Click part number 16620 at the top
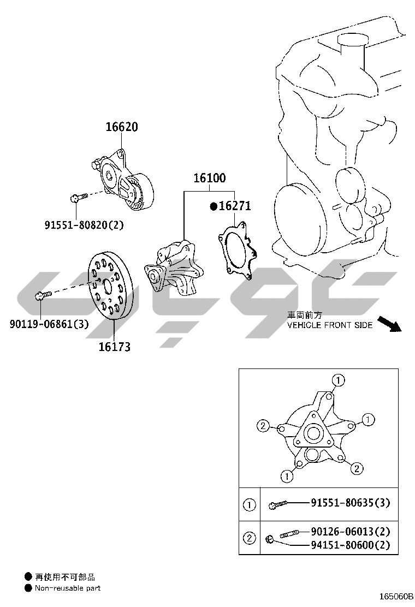tap(121, 127)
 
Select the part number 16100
tap(210, 178)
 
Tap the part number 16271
tap(235, 206)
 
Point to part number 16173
tap(114, 346)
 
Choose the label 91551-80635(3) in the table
tap(351, 503)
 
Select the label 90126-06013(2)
tap(351, 531)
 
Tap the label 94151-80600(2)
tap(351, 544)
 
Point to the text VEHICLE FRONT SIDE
tap(330, 325)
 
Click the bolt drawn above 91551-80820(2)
tap(78, 198)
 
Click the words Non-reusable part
tap(68, 588)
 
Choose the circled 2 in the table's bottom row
tap(249, 538)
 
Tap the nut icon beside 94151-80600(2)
tap(270, 540)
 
